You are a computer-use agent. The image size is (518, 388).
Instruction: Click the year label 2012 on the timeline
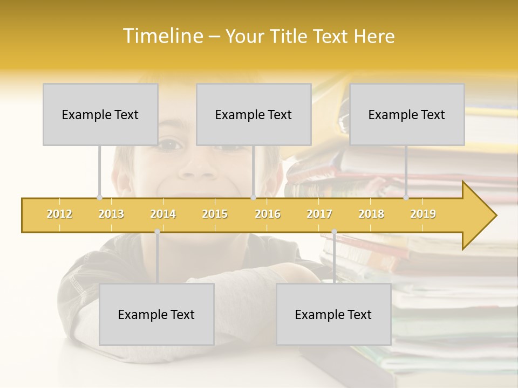[x=59, y=214]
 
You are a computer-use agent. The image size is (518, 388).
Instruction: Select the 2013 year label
[x=111, y=214]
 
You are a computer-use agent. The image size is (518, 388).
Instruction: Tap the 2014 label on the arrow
[x=163, y=214]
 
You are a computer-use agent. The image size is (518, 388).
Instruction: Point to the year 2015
[x=215, y=214]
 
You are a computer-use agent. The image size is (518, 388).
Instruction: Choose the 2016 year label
[x=268, y=214]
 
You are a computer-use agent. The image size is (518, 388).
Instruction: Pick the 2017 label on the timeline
[x=319, y=214]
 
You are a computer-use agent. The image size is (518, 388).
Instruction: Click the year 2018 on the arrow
[x=371, y=214]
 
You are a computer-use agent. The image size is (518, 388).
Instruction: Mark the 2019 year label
[x=423, y=214]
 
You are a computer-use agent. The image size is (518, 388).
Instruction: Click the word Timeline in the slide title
[x=162, y=36]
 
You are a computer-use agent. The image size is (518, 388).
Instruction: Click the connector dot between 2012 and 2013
[x=99, y=197]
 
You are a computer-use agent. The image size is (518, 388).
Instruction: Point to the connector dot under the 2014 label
[x=157, y=232]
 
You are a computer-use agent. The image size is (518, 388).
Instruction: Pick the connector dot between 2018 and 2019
[x=406, y=197]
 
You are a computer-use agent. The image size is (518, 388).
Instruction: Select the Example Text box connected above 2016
[x=254, y=114]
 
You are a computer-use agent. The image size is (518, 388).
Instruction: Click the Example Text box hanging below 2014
[x=156, y=314]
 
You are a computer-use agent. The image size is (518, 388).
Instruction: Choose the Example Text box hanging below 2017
[x=333, y=314]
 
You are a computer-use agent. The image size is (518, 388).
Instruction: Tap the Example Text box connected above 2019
[x=407, y=114]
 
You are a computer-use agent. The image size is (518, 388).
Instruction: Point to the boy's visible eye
[x=172, y=144]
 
